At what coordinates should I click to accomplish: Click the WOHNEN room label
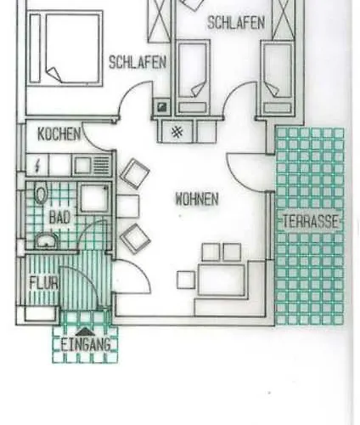coord(197,199)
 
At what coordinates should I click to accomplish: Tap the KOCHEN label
coord(59,133)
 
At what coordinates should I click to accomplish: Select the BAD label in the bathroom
coord(59,218)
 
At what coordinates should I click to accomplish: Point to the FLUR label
coord(44,282)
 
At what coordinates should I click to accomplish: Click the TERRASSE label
coord(311,221)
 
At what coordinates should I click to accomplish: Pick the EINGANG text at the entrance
coord(86,345)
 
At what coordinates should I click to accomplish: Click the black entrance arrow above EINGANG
coord(85,331)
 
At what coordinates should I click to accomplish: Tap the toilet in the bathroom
coord(41,194)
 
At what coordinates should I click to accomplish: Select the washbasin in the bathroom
coord(47,241)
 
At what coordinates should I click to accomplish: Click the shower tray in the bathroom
coord(94,197)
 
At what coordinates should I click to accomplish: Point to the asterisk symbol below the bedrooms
coord(177,132)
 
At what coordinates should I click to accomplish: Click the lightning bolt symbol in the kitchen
coord(37,166)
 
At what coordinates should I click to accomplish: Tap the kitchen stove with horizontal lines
coord(100,166)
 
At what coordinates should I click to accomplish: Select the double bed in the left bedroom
coord(65,48)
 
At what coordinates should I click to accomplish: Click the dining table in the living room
coord(222,279)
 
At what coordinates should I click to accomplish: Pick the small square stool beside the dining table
coord(186,280)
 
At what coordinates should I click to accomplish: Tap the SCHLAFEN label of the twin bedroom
coord(236,23)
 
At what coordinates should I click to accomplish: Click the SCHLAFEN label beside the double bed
coord(138,62)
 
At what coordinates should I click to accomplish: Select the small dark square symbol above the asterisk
coord(161,107)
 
